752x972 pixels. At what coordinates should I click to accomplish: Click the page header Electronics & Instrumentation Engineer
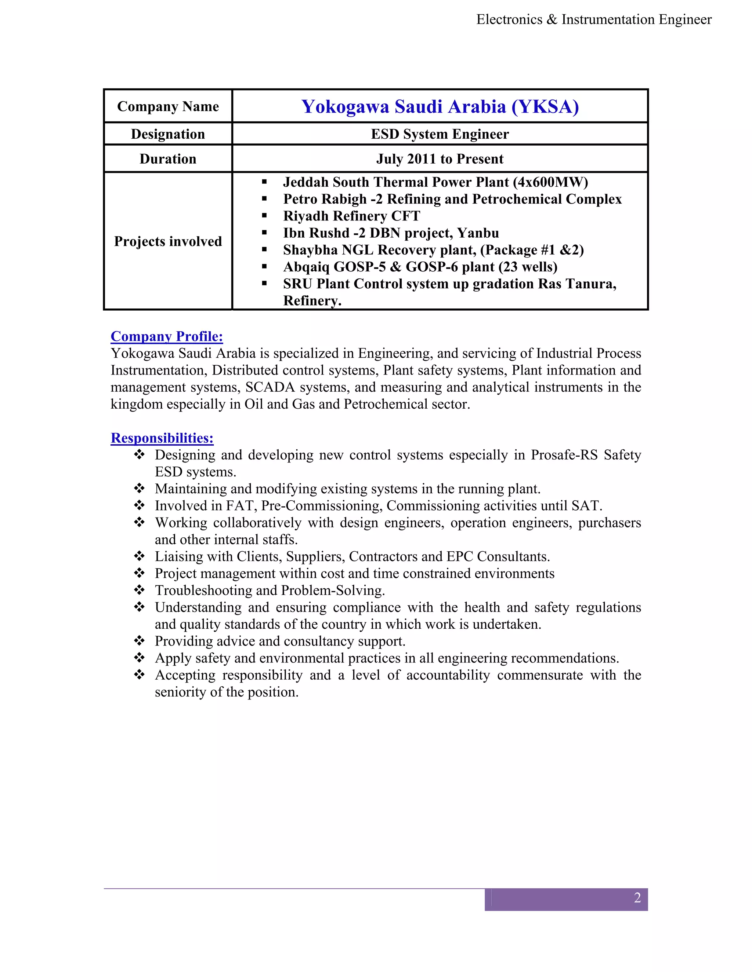pos(593,19)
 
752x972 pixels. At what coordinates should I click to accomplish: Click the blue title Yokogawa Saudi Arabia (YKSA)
pos(440,107)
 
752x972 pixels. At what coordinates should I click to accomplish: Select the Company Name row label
pos(168,107)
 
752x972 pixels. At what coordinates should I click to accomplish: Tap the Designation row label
pos(168,134)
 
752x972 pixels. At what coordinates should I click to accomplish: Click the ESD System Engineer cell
pos(440,134)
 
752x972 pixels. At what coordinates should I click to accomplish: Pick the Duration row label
pos(168,159)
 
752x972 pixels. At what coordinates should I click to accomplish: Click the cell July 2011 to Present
pos(440,159)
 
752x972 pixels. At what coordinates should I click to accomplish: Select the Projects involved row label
pos(168,241)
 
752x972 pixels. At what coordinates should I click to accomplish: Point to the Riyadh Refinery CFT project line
pos(351,216)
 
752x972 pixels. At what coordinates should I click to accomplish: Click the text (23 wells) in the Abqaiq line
pos(528,267)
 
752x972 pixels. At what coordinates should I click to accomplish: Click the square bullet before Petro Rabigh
pos(264,199)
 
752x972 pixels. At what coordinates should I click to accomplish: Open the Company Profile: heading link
pos(167,336)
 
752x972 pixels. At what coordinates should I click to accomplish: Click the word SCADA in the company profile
pos(270,387)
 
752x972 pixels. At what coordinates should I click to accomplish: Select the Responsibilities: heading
pos(162,438)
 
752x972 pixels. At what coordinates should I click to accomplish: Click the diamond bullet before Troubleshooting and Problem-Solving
pos(140,590)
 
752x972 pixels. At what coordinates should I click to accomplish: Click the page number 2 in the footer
pos(637,898)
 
